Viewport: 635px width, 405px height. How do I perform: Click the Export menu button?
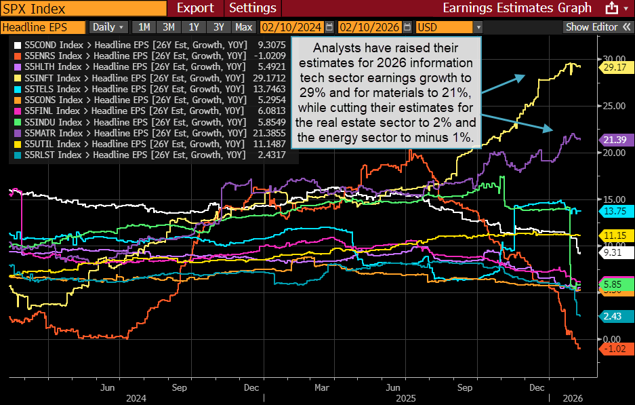(195, 8)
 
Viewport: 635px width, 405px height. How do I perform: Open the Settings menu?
(253, 8)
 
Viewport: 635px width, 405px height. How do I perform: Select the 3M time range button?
(169, 27)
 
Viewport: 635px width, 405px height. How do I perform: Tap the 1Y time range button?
(194, 27)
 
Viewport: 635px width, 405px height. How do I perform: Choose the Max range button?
(243, 27)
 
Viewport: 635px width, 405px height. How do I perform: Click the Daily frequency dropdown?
(108, 27)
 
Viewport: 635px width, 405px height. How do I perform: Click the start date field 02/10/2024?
(292, 27)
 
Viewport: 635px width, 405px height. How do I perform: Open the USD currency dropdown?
(449, 27)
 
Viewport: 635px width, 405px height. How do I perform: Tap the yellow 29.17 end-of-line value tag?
(614, 68)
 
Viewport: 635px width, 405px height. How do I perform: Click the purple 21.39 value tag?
(614, 139)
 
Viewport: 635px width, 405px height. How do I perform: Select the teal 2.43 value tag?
(614, 316)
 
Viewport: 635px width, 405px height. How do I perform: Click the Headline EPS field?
(43, 27)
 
